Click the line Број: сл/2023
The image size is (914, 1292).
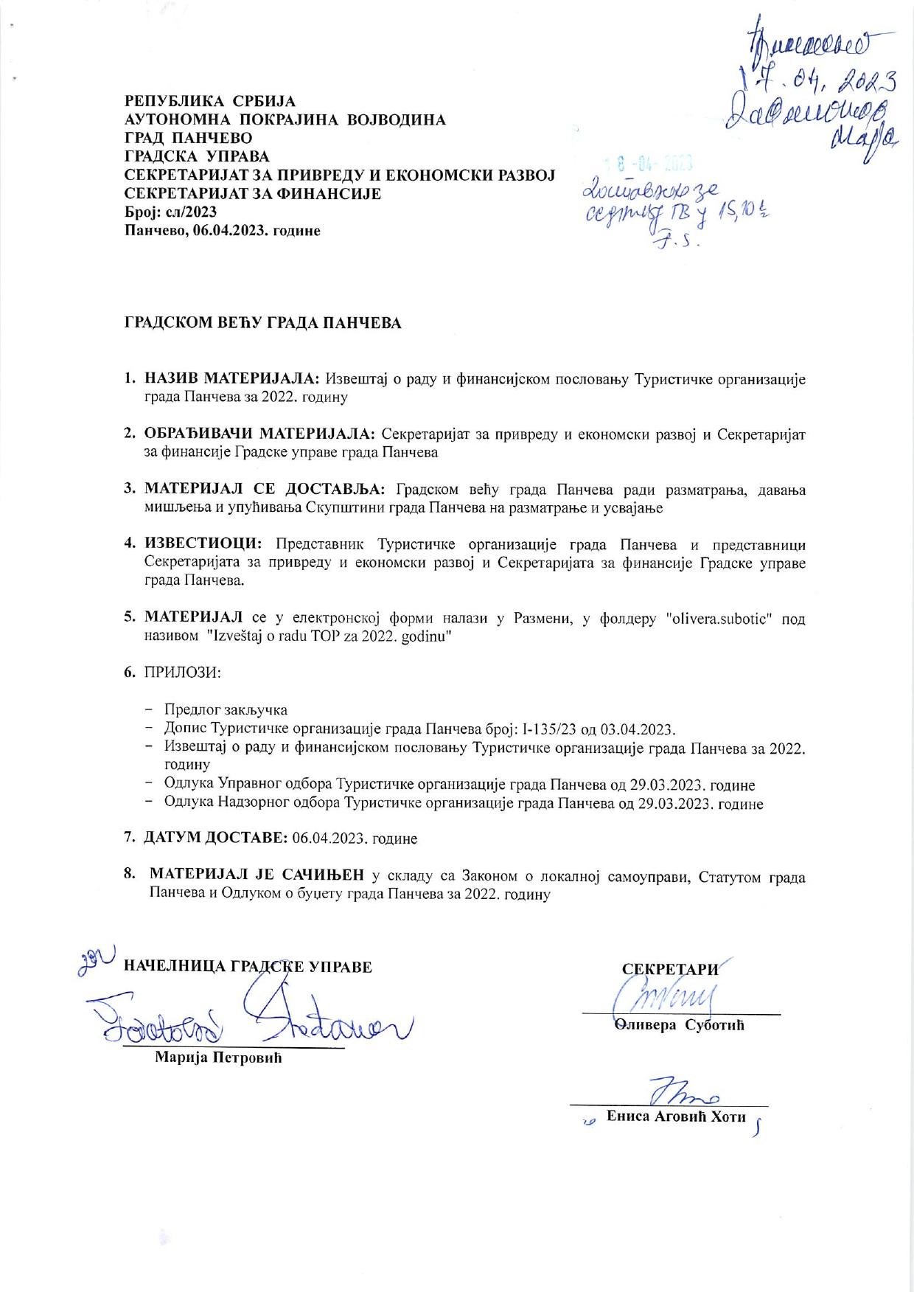pos(170,212)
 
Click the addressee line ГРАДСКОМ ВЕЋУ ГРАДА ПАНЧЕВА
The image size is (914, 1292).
pos(262,323)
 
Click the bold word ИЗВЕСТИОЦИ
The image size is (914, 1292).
pos(203,545)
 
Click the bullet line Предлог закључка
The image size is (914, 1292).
pos(226,709)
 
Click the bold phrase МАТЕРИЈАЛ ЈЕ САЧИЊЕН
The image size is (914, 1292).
pos(257,875)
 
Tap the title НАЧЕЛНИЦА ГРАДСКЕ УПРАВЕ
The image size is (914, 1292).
pos(247,966)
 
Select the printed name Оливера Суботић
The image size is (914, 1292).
pos(679,1025)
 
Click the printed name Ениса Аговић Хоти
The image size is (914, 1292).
pos(676,1116)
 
